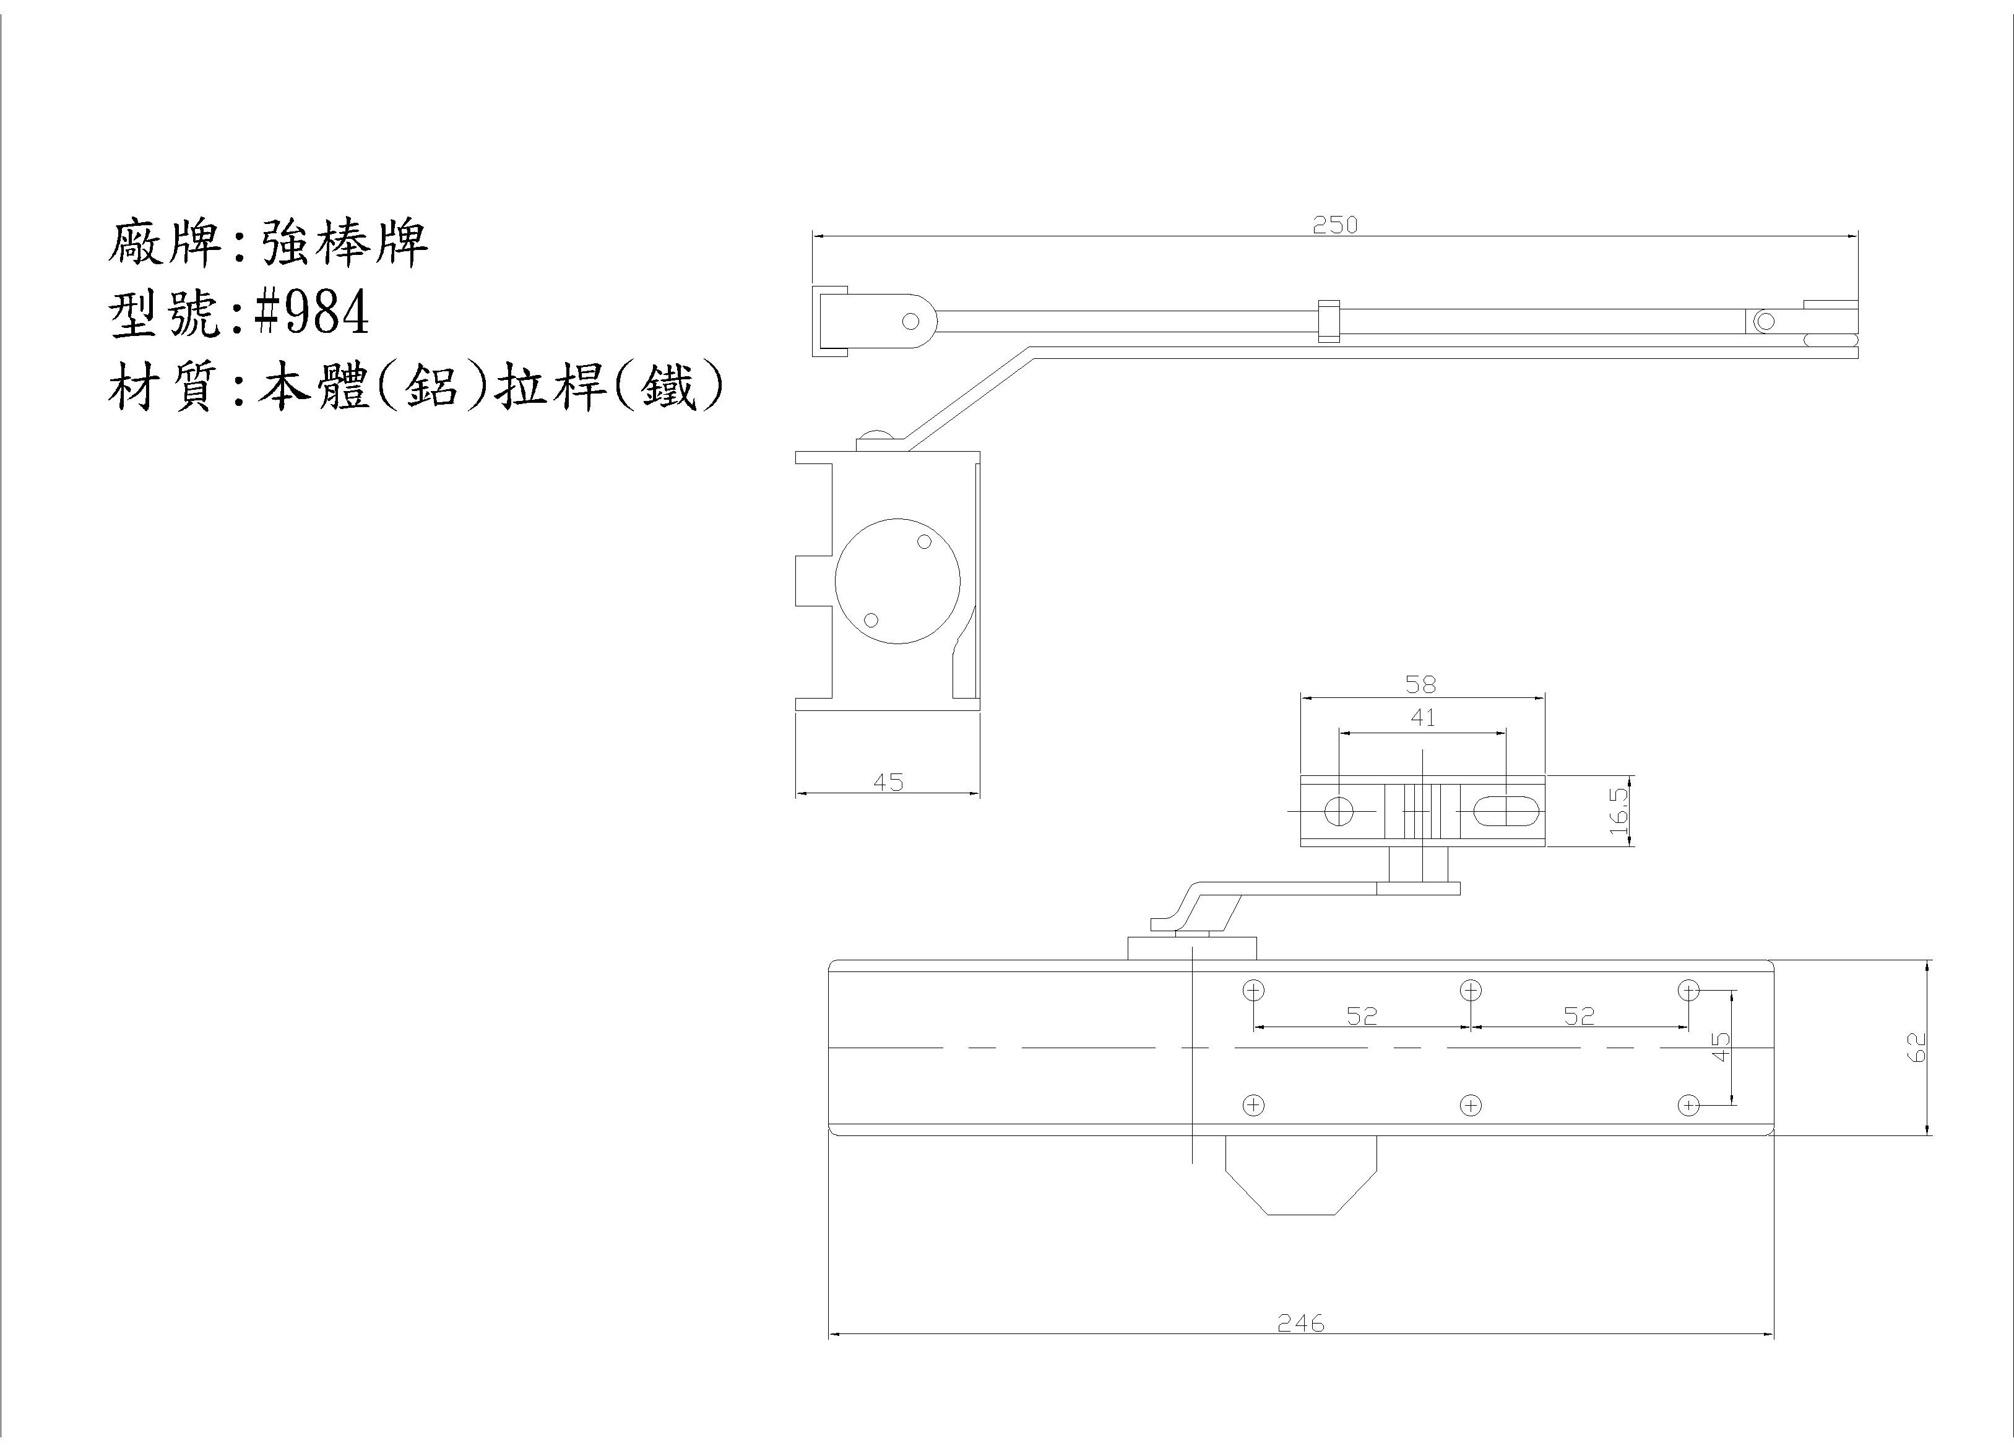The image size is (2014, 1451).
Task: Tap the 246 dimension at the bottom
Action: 1301,1348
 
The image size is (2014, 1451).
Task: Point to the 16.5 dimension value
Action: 1618,811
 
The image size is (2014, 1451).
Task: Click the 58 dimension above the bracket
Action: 1421,684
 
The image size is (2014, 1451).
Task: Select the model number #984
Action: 311,312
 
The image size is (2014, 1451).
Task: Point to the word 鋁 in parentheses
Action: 431,388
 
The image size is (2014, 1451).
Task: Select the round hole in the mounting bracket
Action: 1338,811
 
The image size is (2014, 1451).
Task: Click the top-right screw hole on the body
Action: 1688,990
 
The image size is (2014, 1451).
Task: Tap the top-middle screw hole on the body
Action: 1471,990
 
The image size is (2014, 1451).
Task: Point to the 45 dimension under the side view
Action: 888,782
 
